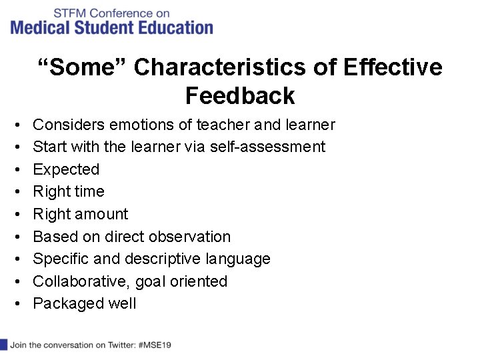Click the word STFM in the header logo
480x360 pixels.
point(69,13)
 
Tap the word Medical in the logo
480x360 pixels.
point(41,27)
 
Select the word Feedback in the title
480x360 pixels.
point(240,96)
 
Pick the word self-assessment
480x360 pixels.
point(267,147)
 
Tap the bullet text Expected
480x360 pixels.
point(66,169)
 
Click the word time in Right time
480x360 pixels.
point(89,192)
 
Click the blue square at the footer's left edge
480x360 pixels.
point(3,345)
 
